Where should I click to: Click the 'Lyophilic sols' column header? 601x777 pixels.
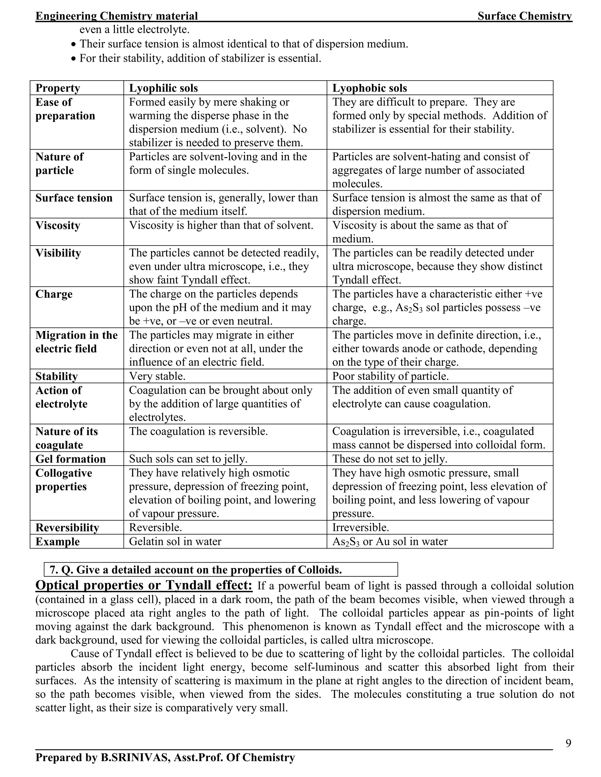(163, 88)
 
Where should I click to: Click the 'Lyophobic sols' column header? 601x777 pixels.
(369, 88)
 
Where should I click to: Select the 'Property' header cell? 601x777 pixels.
(58, 88)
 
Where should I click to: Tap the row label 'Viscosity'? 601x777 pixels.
(58, 226)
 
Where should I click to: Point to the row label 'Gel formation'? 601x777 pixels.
(70, 459)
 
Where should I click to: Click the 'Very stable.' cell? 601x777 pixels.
(157, 376)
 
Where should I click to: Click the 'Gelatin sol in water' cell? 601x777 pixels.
(175, 541)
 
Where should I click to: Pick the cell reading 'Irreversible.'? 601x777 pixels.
(360, 527)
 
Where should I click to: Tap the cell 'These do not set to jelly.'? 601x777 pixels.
(389, 459)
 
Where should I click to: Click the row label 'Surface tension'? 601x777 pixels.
(74, 198)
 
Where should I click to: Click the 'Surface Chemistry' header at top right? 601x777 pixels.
(525, 16)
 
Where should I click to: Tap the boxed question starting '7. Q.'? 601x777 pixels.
(220, 570)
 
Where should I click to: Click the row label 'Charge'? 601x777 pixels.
(54, 294)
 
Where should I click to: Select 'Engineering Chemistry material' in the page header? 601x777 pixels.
(117, 16)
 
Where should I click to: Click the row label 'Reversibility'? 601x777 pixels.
(67, 528)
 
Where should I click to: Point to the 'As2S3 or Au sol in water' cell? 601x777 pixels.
(389, 541)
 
